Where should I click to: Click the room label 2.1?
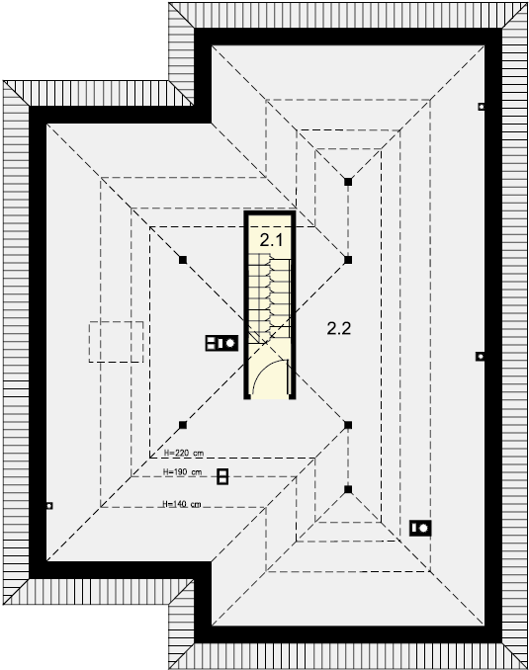[x=271, y=240]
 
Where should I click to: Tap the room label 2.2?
[x=339, y=328]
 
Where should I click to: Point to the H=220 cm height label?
[x=184, y=453]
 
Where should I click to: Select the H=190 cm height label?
[x=183, y=472]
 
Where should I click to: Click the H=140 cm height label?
[x=182, y=504]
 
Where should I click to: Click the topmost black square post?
[x=348, y=182]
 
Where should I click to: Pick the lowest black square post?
[x=348, y=489]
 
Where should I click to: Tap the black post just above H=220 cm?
[x=183, y=425]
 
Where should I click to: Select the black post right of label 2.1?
[x=348, y=259]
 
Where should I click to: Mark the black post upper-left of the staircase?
[x=183, y=259]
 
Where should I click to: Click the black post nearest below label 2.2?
[x=348, y=425]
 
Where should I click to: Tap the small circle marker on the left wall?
[x=49, y=506]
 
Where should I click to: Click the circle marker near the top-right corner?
[x=482, y=107]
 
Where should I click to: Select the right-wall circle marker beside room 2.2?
[x=481, y=356]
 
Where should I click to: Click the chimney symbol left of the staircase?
[x=221, y=343]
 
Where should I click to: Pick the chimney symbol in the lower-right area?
[x=420, y=528]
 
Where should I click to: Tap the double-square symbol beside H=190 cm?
[x=222, y=476]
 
